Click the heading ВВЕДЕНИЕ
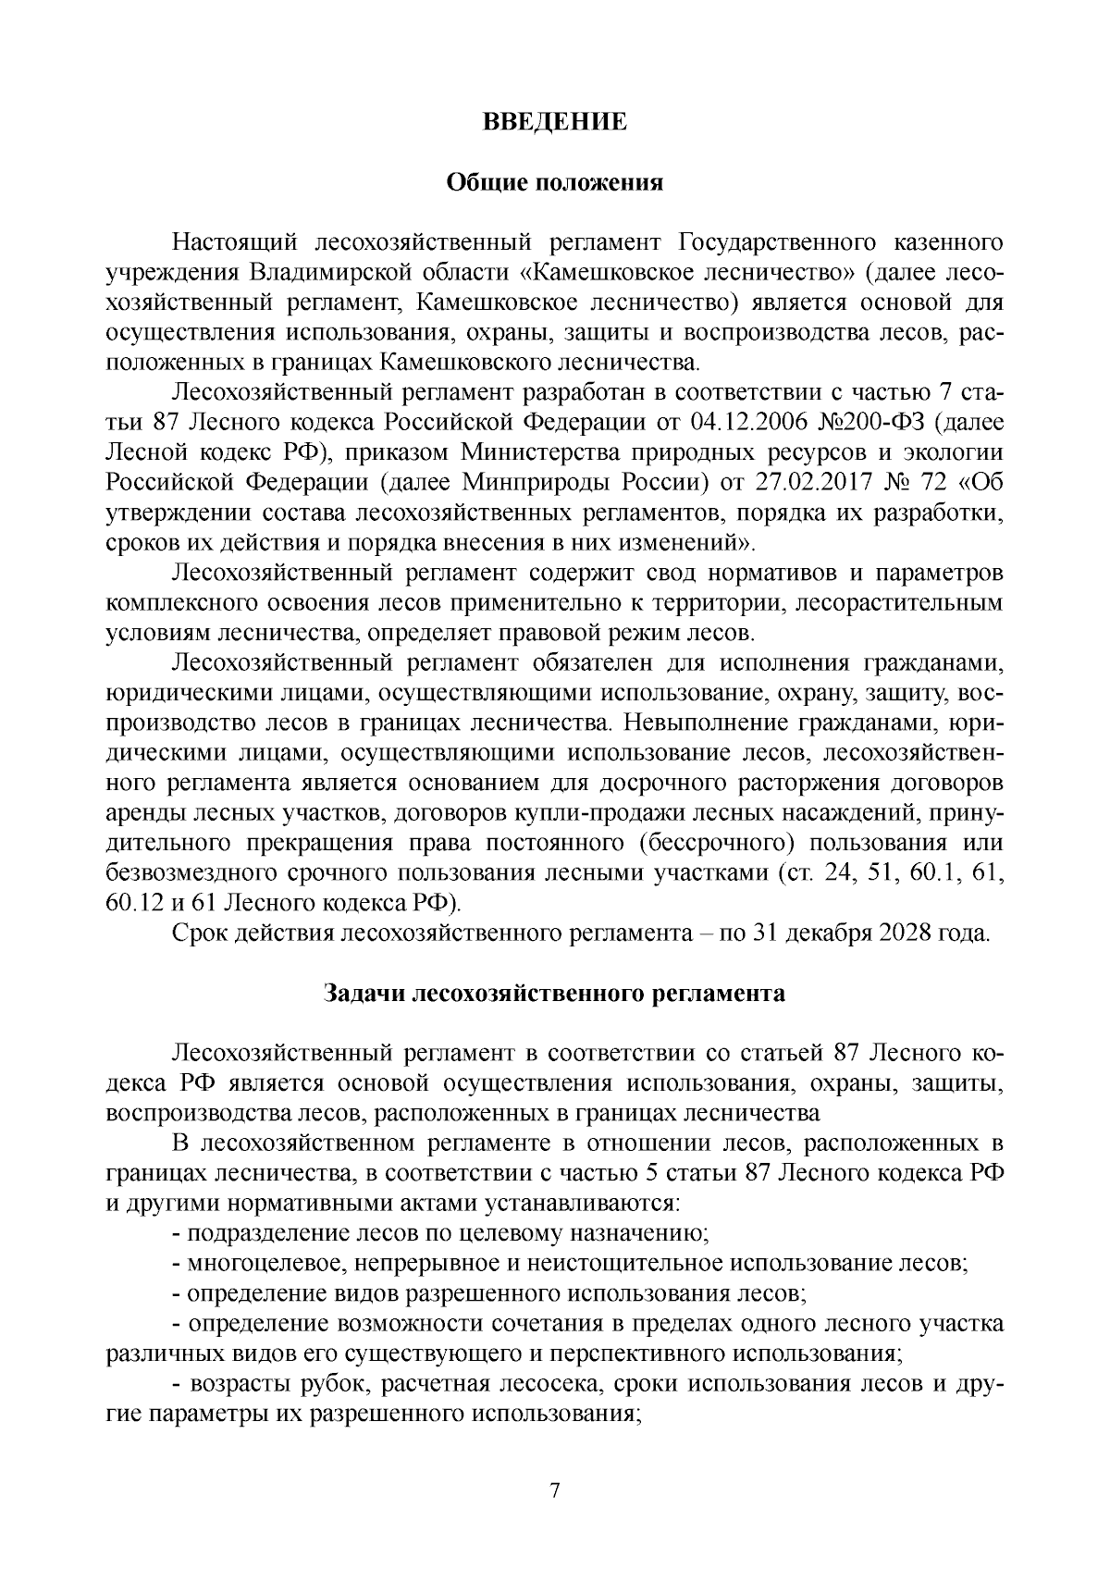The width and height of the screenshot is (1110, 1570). (555, 122)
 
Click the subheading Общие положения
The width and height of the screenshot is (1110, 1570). (555, 182)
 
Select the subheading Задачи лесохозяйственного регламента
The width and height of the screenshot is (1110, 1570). (555, 994)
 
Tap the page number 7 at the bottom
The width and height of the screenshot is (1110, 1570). (555, 1491)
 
